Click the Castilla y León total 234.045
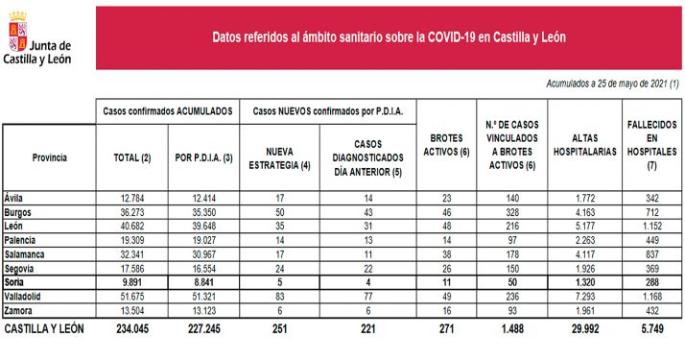(131, 328)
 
